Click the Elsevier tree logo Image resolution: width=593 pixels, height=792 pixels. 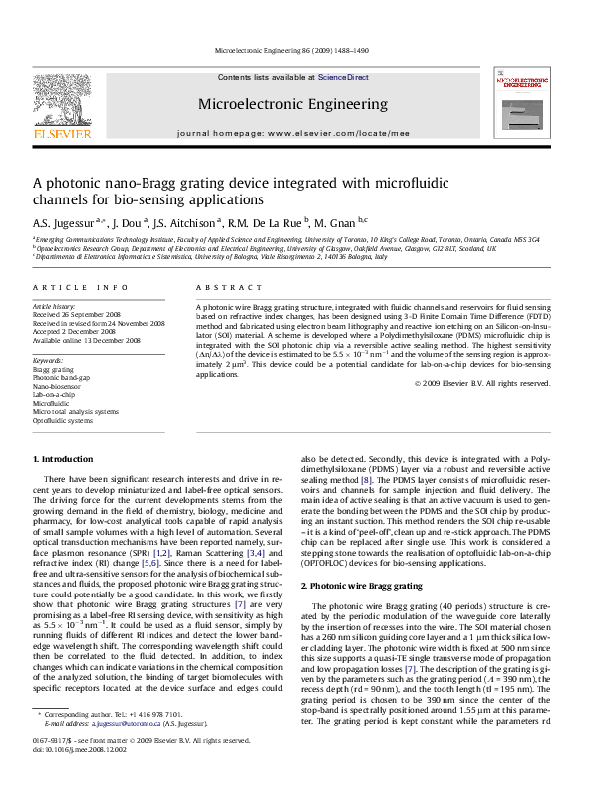pos(63,101)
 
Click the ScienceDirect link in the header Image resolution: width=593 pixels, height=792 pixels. pos(343,77)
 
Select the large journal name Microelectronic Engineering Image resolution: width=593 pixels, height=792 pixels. pos(292,104)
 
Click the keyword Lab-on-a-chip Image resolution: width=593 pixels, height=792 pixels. pos(52,394)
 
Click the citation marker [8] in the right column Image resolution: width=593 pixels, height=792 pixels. pos(367,480)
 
